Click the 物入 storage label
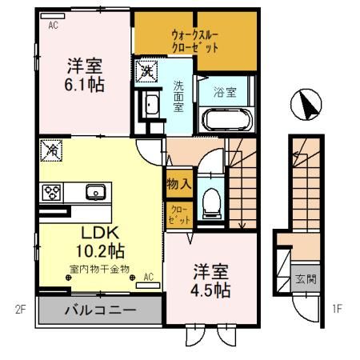point(178,185)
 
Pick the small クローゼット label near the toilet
point(177,214)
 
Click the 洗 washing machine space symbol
point(147,71)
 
